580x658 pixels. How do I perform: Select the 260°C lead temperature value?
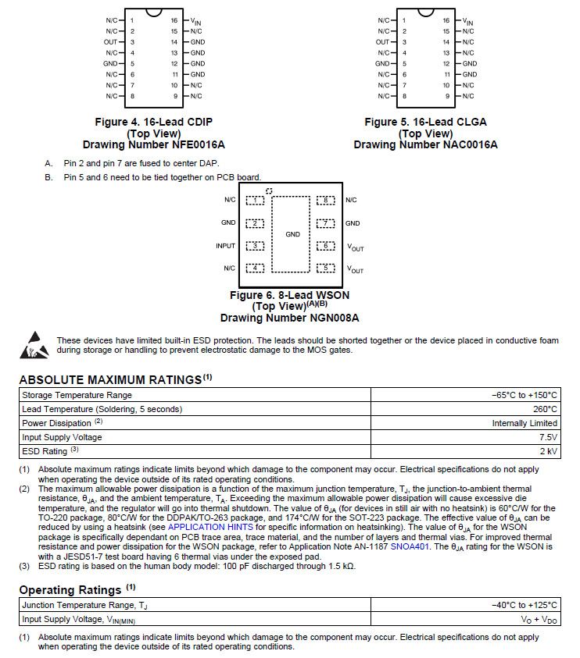pos(545,409)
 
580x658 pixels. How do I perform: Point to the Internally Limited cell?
pos(525,423)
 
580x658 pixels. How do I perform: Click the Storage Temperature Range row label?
pos(77,395)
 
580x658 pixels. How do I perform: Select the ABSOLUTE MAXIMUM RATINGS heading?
pos(110,379)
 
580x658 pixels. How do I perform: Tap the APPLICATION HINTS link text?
pos(209,527)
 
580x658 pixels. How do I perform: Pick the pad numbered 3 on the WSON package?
pos(255,246)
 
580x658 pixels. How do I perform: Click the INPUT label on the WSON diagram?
pos(226,246)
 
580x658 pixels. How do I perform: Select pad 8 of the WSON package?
pos(326,201)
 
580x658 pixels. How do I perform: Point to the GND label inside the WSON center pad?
pos(292,234)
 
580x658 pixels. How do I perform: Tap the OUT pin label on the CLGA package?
pos(382,41)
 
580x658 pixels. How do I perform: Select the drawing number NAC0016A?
pos(425,144)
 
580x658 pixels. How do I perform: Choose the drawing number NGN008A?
pos(289,318)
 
